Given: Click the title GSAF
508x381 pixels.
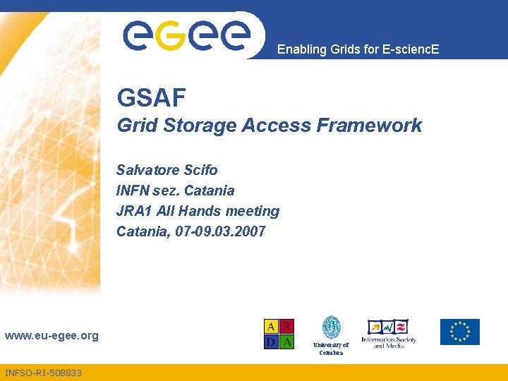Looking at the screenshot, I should point(151,97).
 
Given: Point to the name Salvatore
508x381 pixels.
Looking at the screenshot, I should point(147,170).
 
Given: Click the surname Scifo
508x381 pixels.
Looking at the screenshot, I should point(200,170).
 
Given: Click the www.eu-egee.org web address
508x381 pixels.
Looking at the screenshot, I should point(52,336).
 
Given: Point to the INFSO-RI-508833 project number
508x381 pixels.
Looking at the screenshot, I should point(43,373).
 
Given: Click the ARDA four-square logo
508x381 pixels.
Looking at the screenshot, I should point(279,334).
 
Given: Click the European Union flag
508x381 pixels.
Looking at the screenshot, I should point(460,332).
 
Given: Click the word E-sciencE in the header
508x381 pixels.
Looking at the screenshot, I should point(411,49).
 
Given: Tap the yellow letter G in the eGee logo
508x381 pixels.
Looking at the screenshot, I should point(171,35).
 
